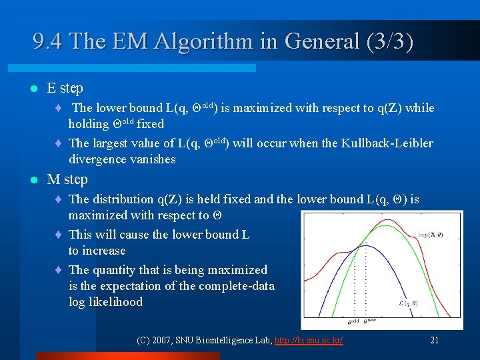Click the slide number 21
pos(434,340)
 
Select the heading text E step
pos(65,88)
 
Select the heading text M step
pos(67,179)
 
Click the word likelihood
pos(119,302)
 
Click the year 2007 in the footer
pos(163,340)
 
